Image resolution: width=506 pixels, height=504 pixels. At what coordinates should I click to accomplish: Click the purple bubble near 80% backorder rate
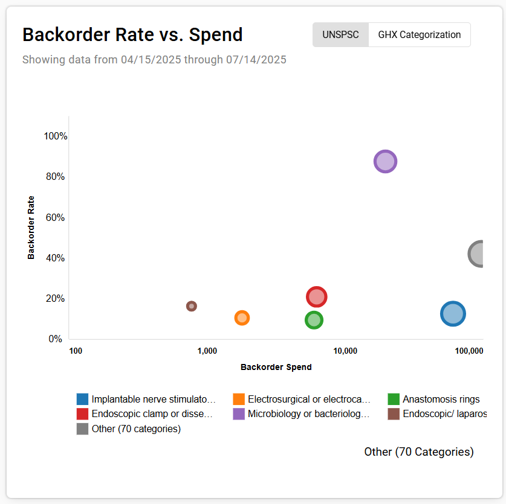point(385,162)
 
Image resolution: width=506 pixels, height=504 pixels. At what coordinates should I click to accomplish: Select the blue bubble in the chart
point(453,313)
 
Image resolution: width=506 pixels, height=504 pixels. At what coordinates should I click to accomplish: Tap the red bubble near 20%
point(316,297)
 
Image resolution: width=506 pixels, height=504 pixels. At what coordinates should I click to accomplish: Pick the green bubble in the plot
point(313,320)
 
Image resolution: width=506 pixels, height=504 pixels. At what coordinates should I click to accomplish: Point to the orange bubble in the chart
point(242,317)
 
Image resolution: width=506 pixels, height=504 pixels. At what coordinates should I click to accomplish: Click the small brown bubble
point(192,306)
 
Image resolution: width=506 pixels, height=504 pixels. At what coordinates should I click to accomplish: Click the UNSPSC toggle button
point(340,35)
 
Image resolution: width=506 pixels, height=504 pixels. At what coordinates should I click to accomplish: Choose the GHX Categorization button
point(420,35)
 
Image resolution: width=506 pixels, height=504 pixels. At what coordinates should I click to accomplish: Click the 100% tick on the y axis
point(56,136)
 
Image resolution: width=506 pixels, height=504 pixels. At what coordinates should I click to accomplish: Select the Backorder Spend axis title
point(276,367)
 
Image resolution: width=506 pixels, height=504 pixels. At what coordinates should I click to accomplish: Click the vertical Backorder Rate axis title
point(31,228)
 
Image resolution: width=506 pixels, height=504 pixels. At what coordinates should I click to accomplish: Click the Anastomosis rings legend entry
point(441,399)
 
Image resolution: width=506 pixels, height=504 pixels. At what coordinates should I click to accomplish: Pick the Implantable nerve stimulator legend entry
point(153,399)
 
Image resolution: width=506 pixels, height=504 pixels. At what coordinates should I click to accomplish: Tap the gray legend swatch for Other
point(82,429)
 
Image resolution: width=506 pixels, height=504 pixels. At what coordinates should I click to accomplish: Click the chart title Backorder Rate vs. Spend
point(132,35)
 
